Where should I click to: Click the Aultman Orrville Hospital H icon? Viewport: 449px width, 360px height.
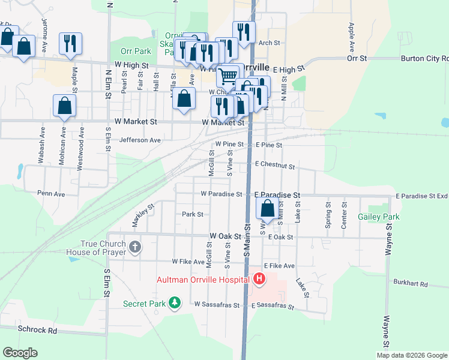click(259, 279)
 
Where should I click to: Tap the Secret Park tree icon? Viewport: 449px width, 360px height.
click(175, 304)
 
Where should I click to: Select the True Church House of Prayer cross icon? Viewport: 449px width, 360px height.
click(135, 247)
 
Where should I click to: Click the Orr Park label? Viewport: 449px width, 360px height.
click(135, 52)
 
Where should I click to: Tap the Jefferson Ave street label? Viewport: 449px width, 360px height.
click(140, 140)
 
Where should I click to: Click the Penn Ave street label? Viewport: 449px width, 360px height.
click(51, 194)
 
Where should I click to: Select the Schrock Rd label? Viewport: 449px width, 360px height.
click(37, 330)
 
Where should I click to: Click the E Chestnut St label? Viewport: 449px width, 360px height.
click(275, 165)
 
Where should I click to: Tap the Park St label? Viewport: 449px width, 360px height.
click(193, 214)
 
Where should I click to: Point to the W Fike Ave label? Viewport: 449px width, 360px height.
click(188, 262)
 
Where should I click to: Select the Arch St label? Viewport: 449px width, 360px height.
click(270, 43)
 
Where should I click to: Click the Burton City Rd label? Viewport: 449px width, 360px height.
click(428, 59)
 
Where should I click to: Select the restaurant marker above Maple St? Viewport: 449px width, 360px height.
click(70, 44)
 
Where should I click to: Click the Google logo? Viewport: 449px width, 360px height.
click(20, 353)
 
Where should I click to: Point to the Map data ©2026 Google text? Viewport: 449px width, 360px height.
click(411, 355)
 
